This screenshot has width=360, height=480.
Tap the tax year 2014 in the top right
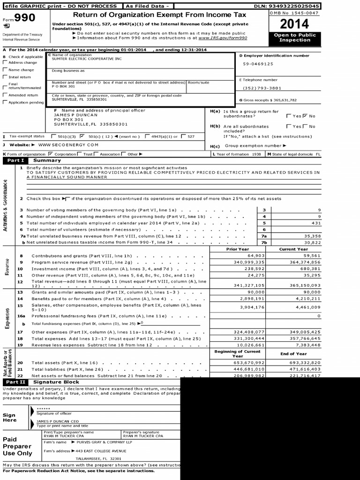pos(294,23)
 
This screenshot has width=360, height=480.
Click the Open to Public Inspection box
pos(294,37)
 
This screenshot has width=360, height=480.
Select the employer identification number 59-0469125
pos(258,64)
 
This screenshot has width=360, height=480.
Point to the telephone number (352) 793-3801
pos(262,88)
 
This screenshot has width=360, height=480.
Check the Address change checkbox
pos(5,62)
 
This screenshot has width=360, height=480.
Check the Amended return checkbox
pos(5,95)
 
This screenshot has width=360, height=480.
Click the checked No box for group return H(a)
pos(305,116)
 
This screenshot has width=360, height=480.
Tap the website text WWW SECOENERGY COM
pos(68,145)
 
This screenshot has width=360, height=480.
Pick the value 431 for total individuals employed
pos(316,223)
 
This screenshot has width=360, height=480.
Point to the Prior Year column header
pos(237,249)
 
